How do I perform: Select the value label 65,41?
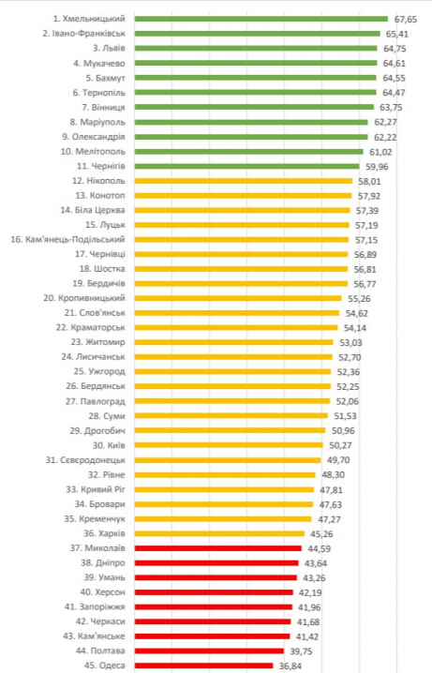tap(405, 33)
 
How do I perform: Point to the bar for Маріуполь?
tap(251, 122)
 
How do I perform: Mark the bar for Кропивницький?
tap(238, 298)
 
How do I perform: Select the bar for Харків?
tap(219, 533)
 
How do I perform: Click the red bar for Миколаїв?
tap(217, 547)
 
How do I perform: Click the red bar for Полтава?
tap(208, 651)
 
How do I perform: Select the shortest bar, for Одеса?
tap(203, 666)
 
